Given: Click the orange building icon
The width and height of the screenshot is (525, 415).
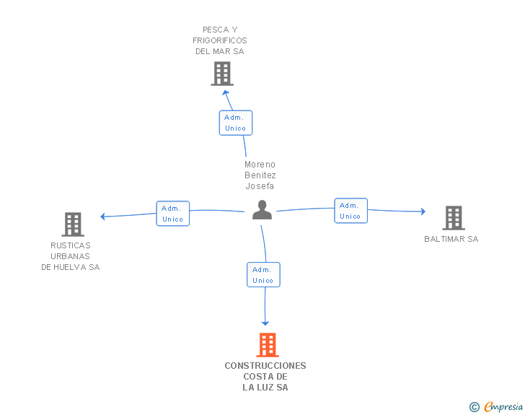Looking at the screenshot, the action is coord(268,344).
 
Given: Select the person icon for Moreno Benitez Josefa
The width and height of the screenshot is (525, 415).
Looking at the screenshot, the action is coord(262,210).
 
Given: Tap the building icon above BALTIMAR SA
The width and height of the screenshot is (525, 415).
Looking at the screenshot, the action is coord(454,218).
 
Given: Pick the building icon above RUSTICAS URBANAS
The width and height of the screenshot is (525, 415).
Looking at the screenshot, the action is coord(73,224).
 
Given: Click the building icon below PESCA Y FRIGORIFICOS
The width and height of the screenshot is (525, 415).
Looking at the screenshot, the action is coord(222,74).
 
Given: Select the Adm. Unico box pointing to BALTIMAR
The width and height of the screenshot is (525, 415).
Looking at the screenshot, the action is coord(351,211).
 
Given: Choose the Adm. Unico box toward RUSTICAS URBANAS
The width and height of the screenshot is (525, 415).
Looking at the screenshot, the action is coord(173,214).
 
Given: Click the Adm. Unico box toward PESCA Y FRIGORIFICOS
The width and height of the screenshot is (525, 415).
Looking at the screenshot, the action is coord(236,123).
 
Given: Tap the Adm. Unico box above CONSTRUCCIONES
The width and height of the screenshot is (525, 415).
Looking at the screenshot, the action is coord(263,274).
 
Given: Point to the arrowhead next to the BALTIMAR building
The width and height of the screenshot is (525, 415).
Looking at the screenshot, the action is coord(423,211).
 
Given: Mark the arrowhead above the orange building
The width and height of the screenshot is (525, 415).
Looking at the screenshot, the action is coord(265,323).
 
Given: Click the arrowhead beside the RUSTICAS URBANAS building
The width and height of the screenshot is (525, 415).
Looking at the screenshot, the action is coord(102,217).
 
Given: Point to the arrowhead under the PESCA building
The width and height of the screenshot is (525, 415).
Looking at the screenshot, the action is coord(225,92).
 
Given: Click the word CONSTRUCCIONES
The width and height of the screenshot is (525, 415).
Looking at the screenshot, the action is coord(265,365).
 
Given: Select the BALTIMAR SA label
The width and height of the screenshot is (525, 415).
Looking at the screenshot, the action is coord(451,239).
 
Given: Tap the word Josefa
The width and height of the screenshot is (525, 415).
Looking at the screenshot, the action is coord(260,186).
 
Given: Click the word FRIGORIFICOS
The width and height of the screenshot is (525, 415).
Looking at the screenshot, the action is coord(220,40).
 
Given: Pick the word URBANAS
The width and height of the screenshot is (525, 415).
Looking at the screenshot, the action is coord(71,256).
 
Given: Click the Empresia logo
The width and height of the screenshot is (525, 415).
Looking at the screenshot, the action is coord(503,406).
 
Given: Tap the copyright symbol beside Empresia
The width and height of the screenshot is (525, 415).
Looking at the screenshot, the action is coord(475,407).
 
